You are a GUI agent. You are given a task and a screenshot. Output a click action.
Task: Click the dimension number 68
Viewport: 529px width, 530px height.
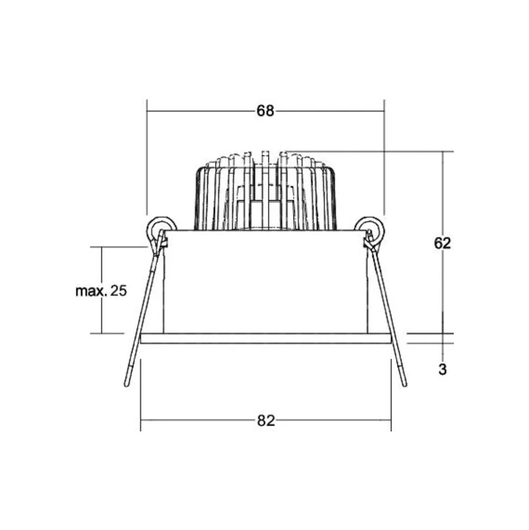pyautogui.click(x=265, y=111)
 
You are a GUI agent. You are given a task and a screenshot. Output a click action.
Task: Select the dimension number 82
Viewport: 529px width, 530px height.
pyautogui.click(x=266, y=421)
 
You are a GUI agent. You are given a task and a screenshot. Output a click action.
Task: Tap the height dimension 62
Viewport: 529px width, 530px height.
pyautogui.click(x=442, y=243)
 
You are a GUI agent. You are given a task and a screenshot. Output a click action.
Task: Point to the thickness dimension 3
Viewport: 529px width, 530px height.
pyautogui.click(x=442, y=369)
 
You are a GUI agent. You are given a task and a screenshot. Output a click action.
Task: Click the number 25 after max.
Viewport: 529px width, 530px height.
pyautogui.click(x=118, y=291)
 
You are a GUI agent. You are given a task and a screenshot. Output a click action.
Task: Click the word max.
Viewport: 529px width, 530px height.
pyautogui.click(x=91, y=291)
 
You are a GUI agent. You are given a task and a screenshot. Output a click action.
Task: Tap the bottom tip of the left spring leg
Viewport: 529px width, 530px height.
pyautogui.click(x=127, y=385)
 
